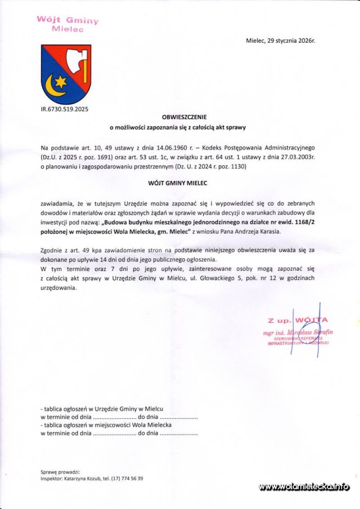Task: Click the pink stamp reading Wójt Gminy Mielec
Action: pyautogui.click(x=67, y=24)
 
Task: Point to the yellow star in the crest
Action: pyautogui.click(x=61, y=80)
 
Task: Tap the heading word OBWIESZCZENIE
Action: pyautogui.click(x=178, y=118)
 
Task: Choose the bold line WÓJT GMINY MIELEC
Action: pyautogui.click(x=178, y=183)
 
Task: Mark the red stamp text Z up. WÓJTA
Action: pyautogui.click(x=297, y=320)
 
